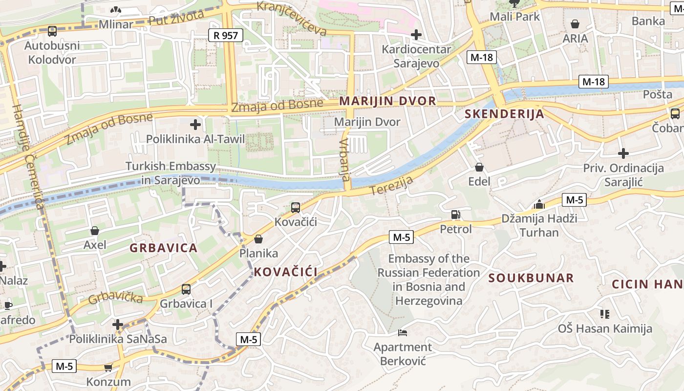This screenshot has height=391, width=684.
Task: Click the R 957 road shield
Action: click(225, 35)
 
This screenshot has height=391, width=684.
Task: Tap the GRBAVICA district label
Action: click(163, 248)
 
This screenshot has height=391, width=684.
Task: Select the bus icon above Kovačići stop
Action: click(296, 208)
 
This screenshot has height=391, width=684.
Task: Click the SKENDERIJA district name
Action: click(504, 114)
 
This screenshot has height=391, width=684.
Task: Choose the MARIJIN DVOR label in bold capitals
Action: click(387, 101)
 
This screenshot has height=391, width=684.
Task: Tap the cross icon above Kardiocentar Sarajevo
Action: click(416, 35)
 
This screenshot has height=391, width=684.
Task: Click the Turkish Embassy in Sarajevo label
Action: click(171, 173)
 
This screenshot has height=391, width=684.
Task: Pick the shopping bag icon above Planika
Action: click(258, 239)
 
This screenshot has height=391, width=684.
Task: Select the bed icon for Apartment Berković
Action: click(403, 333)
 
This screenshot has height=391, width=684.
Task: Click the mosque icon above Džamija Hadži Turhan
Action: click(539, 204)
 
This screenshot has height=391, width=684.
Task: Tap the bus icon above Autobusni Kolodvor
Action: click(52, 31)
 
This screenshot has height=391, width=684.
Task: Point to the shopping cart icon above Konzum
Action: click(108, 368)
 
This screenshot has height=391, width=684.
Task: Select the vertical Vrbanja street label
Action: click(344, 159)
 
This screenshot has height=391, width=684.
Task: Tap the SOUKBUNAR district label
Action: click(531, 278)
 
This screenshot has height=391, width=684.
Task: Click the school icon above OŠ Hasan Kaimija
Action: click(605, 314)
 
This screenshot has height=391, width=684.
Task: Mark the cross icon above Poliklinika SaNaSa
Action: click(118, 325)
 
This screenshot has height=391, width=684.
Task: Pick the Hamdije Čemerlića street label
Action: click(29, 159)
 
